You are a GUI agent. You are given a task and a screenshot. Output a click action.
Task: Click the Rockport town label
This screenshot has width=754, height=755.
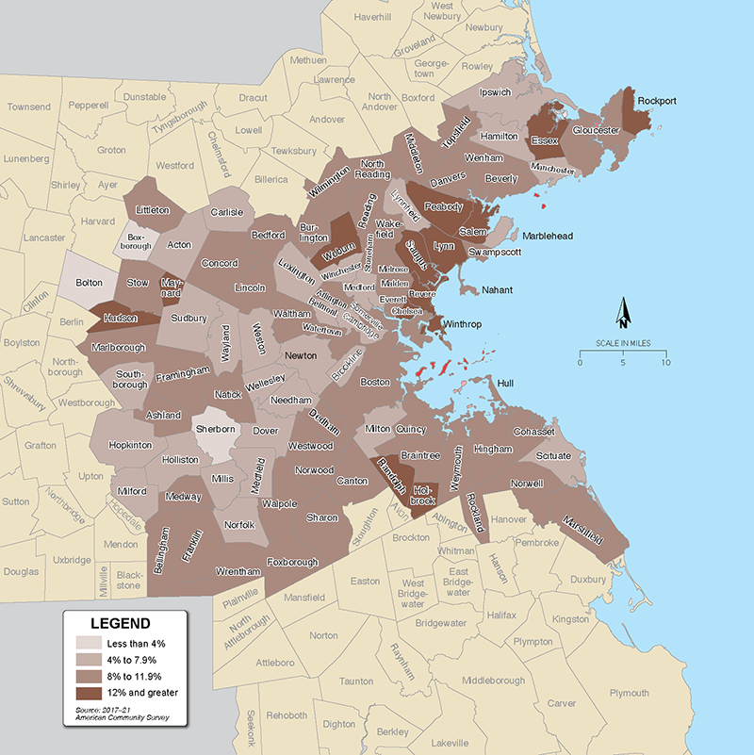[x=657, y=100]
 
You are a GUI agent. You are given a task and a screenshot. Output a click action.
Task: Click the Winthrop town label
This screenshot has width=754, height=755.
[x=462, y=325]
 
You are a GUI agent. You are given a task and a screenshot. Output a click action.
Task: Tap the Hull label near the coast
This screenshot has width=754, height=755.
[x=505, y=384]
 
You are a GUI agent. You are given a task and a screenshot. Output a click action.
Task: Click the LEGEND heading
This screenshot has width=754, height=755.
[x=119, y=624]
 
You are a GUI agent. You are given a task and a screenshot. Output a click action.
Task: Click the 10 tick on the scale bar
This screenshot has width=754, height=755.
[x=666, y=363]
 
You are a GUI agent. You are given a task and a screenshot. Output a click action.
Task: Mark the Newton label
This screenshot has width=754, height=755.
[x=302, y=355]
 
